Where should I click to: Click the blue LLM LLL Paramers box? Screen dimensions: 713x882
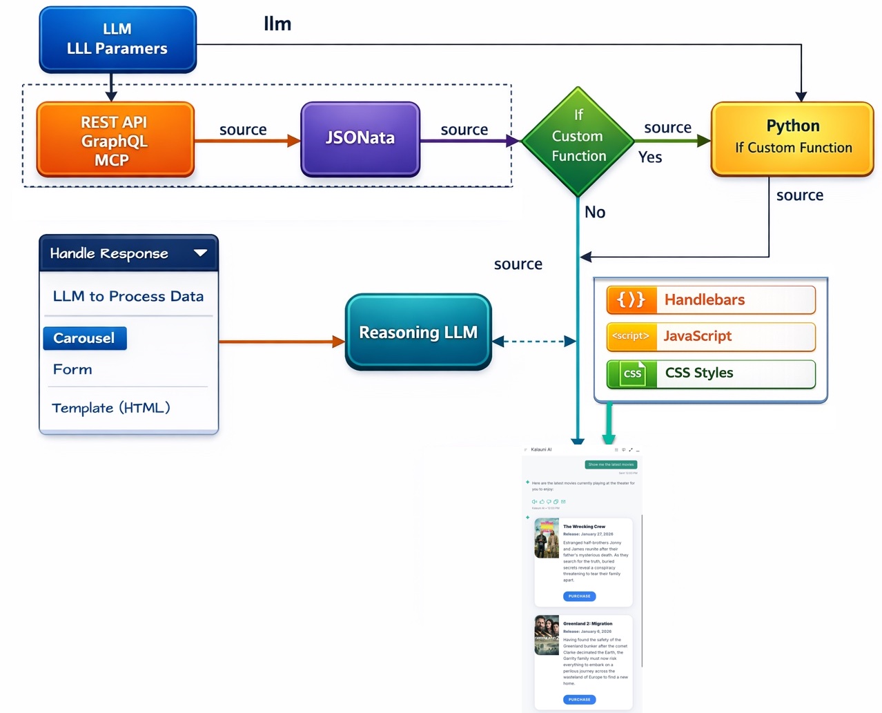point(117,39)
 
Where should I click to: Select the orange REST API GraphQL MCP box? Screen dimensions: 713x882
point(115,140)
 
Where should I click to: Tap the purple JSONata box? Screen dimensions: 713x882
point(360,139)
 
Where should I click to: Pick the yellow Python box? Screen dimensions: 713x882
point(792,138)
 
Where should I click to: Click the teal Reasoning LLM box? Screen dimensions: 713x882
point(418,332)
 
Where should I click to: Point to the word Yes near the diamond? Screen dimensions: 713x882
point(650,157)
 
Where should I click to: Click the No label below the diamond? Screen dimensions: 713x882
point(595,213)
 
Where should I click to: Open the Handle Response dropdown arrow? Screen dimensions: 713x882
point(201,253)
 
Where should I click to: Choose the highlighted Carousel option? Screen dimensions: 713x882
point(85,338)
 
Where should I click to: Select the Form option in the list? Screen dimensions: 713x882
point(72,369)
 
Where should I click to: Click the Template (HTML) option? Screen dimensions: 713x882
point(111,408)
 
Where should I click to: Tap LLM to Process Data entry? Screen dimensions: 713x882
point(128,296)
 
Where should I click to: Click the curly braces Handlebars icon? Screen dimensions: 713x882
point(631,300)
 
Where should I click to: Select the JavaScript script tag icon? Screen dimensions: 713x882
point(631,336)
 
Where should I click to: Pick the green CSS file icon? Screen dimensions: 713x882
point(631,373)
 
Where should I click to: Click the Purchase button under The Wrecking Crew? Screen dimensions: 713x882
point(579,596)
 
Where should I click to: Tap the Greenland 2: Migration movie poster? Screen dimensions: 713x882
point(547,635)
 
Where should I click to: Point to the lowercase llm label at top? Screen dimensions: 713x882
point(277,24)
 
